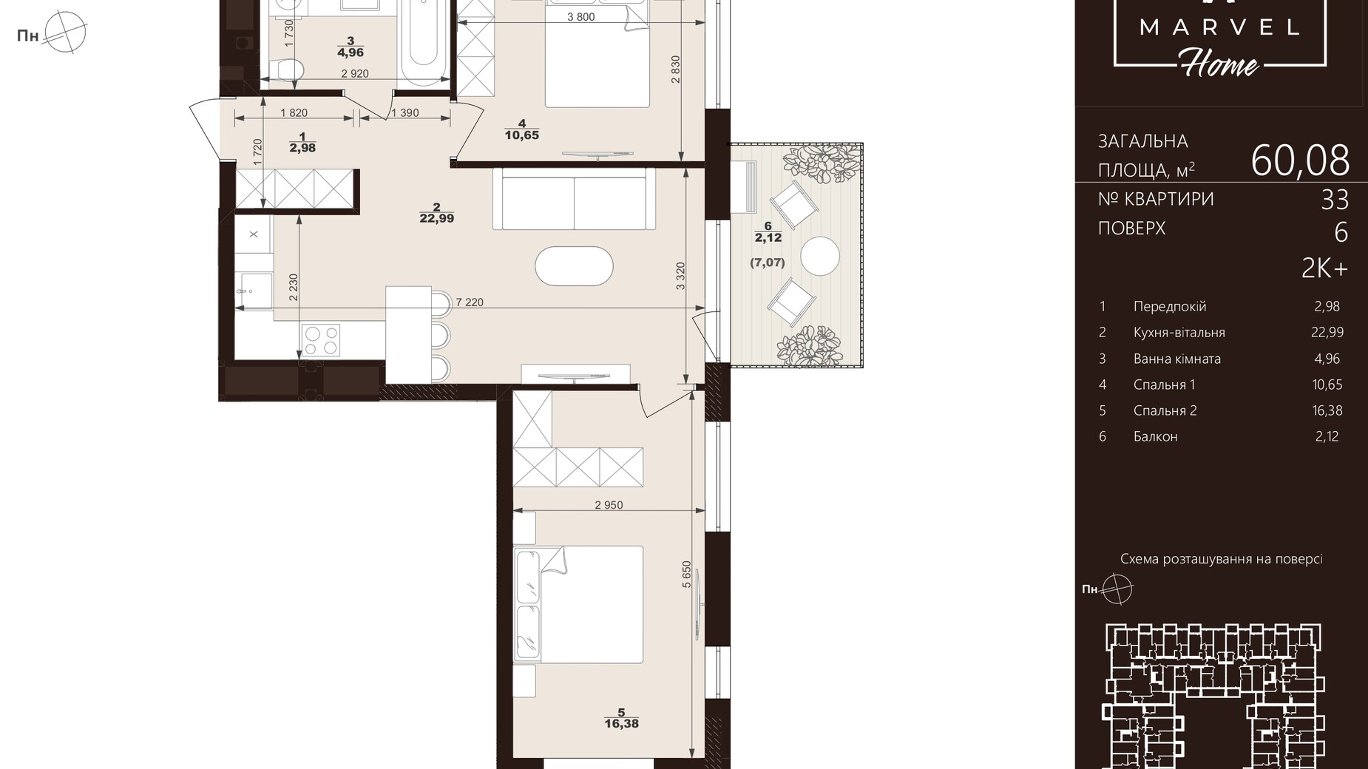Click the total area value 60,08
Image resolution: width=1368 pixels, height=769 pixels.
[x=1300, y=160]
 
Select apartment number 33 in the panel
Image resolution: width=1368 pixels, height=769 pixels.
[x=1335, y=200]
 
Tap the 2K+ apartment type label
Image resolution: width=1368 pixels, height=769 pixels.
[x=1325, y=269]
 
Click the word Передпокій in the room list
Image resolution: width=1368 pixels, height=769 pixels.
[x=1170, y=306]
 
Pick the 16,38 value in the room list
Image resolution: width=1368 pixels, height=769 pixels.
[x=1327, y=410]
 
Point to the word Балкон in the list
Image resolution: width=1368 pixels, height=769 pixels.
[x=1156, y=436]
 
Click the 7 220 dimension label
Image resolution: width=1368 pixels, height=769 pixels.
[x=470, y=302]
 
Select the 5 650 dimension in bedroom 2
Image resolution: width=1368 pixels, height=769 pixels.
[x=687, y=575]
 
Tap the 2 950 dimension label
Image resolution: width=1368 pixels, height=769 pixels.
[x=609, y=506]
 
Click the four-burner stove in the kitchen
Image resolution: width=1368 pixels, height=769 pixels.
[x=321, y=340]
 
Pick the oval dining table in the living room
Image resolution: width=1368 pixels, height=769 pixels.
[x=575, y=266]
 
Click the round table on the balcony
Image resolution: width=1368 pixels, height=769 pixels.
[x=820, y=256]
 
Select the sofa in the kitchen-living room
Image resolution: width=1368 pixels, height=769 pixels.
[x=574, y=198]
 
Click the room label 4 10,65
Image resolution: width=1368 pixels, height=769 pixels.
[x=522, y=129]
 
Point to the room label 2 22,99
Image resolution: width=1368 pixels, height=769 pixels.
[x=437, y=213]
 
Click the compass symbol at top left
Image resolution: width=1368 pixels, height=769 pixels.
[x=65, y=33]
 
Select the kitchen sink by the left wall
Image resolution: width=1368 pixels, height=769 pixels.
[x=254, y=290]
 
